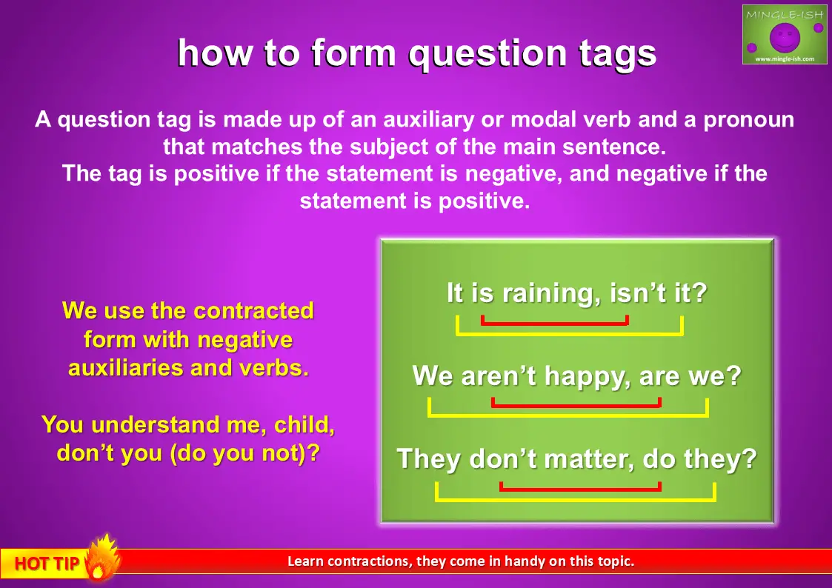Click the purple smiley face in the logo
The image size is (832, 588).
click(x=785, y=36)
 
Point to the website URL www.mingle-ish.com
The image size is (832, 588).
click(x=785, y=59)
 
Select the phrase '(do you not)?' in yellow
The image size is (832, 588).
click(x=245, y=454)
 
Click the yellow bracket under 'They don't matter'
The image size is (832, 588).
click(x=576, y=499)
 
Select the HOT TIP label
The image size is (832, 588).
click(x=47, y=564)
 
